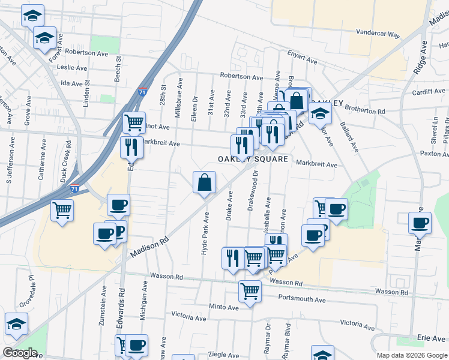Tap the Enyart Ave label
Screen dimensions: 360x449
(302, 58)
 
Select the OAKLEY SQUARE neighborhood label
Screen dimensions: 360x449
(253, 160)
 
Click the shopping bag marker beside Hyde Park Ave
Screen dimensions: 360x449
(204, 182)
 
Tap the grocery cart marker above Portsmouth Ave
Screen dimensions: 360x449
(250, 292)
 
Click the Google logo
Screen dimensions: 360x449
(20, 353)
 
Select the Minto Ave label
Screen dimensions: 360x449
(223, 307)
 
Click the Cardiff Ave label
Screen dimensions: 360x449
(429, 92)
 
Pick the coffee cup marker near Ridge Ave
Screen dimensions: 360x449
(420, 223)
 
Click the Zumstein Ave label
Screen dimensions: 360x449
(100, 310)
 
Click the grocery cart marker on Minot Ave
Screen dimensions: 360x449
(134, 122)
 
